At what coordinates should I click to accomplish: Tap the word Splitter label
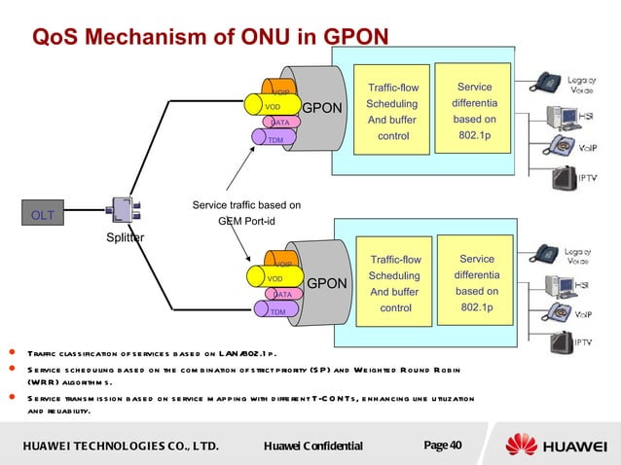pos(125,237)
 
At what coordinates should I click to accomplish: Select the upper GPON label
pos(321,107)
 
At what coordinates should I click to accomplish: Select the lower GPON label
pos(327,284)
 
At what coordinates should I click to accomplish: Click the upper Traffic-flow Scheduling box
pos(393,112)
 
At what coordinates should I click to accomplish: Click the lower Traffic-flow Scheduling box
pos(395,284)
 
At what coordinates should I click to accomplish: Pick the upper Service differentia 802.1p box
pos(474,112)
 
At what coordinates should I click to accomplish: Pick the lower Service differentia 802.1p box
pos(476,283)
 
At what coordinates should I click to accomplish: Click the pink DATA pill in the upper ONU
pos(279,123)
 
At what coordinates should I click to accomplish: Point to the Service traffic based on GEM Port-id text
pos(246,212)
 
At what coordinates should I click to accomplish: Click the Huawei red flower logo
pos(520,446)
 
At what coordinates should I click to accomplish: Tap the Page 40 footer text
pos(443,446)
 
